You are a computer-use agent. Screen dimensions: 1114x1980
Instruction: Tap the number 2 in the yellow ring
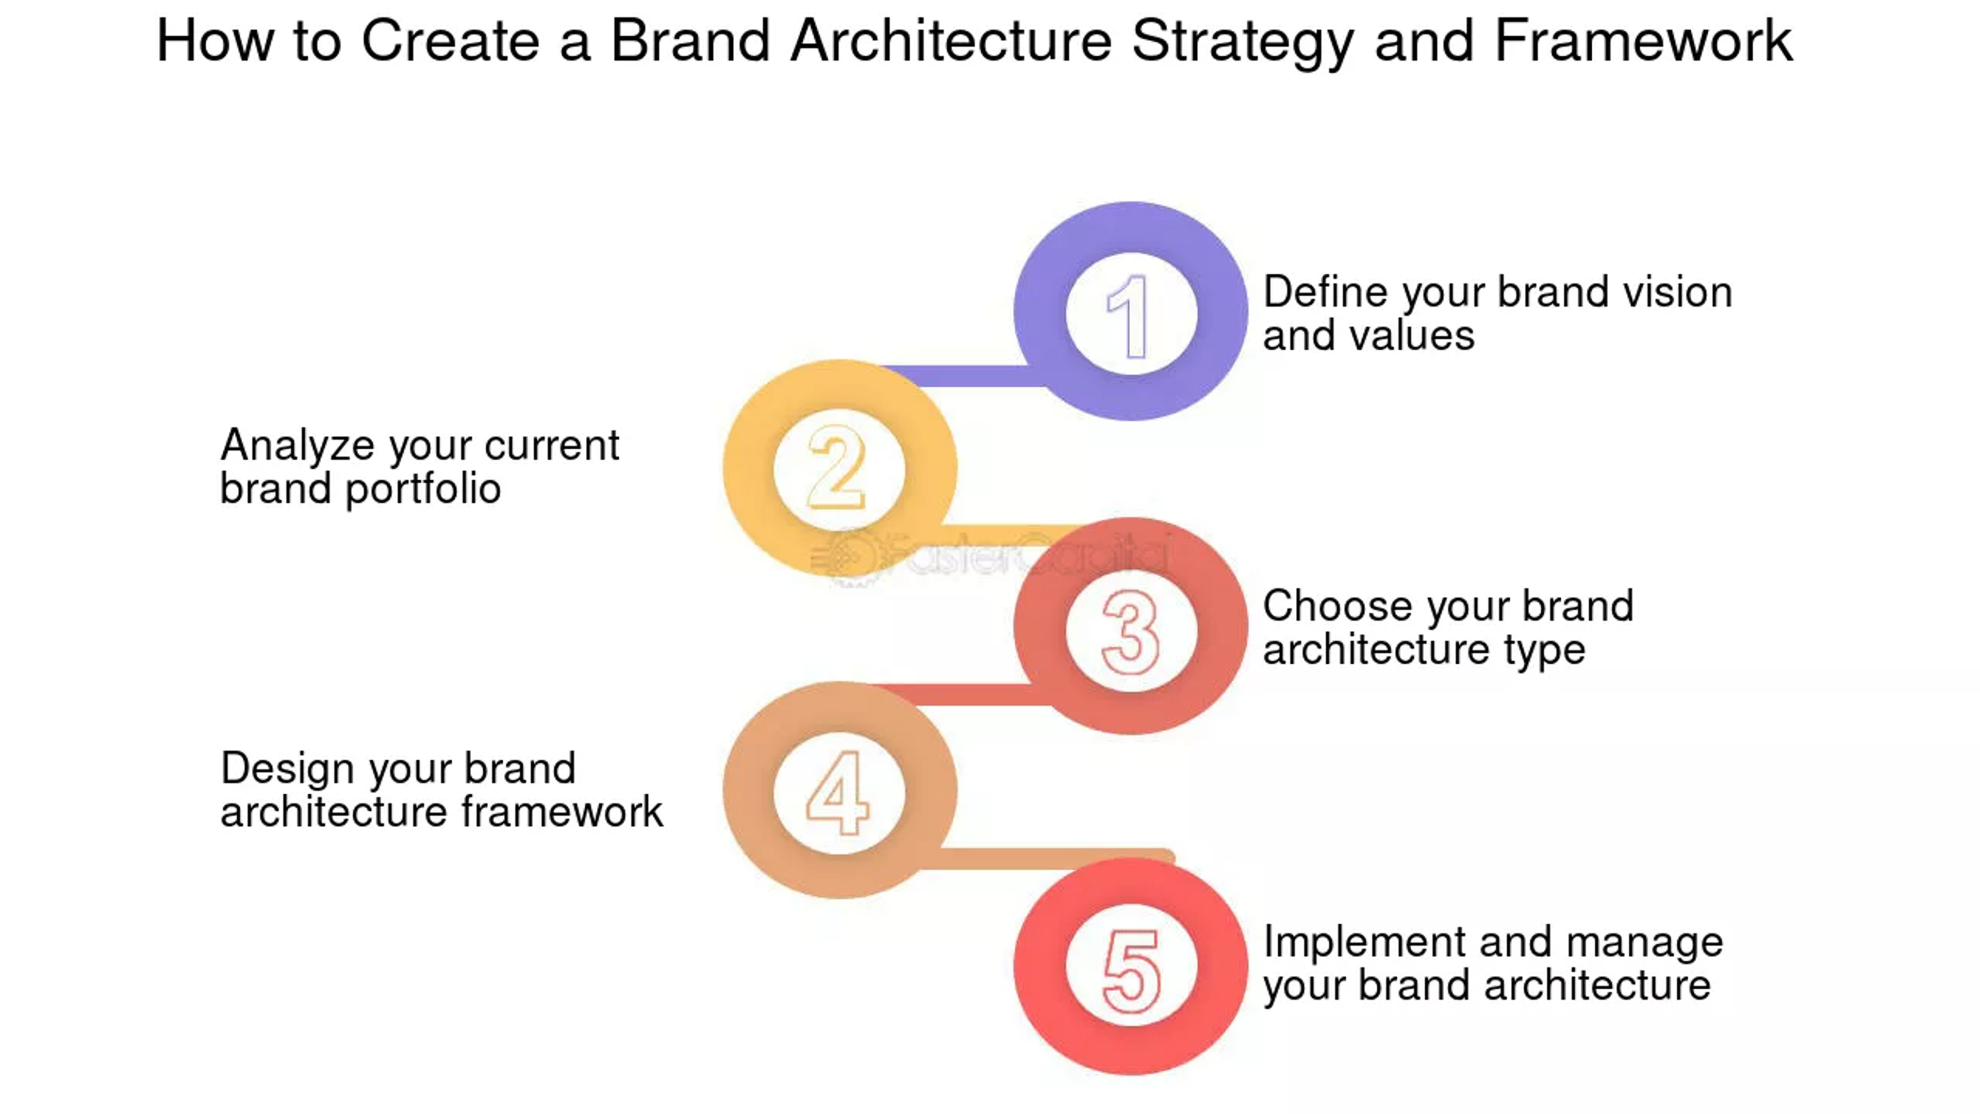tap(837, 467)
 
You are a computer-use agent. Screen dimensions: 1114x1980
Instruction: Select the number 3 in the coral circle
tap(1130, 632)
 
